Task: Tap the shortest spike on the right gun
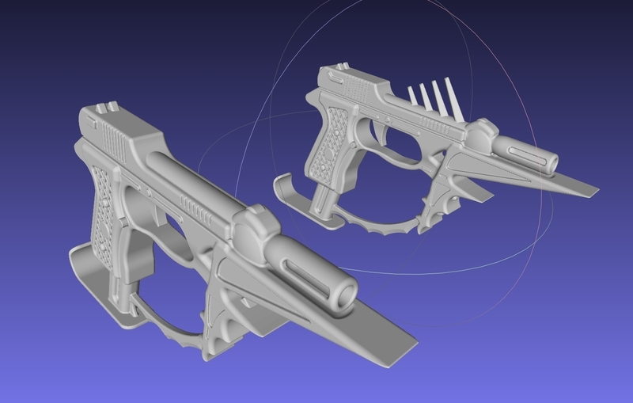[x=411, y=97]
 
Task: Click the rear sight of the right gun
[x=343, y=69]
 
